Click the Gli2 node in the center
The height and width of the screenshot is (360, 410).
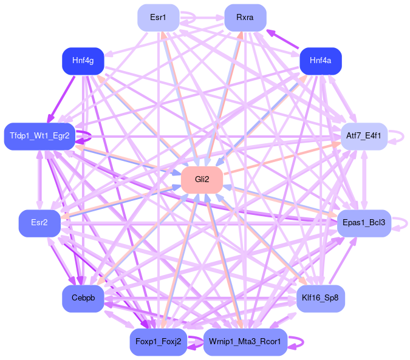tap(202, 179)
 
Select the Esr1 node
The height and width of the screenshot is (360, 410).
tap(158, 17)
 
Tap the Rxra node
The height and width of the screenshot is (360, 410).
tap(245, 17)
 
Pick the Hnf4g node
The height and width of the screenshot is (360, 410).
tap(83, 61)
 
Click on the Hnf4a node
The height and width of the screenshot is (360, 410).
tap(320, 61)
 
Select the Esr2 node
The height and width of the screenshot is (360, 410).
tap(39, 223)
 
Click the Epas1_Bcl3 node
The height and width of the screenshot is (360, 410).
tap(364, 223)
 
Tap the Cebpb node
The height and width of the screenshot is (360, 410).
tap(83, 298)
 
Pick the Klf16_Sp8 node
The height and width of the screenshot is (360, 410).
tap(320, 298)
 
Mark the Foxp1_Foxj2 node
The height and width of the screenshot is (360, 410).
tap(158, 342)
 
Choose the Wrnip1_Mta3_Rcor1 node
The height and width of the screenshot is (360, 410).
tap(245, 342)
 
